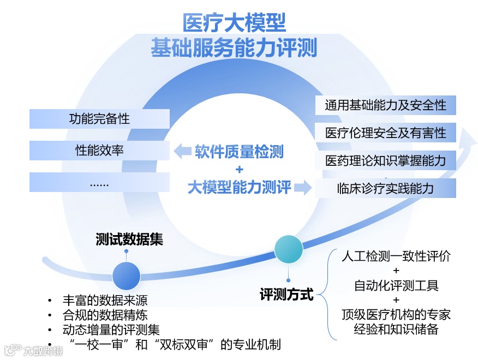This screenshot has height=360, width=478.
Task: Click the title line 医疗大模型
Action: tap(234, 23)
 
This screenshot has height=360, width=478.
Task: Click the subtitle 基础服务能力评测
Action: tap(234, 49)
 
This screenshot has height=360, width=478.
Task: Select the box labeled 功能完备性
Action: tap(99, 118)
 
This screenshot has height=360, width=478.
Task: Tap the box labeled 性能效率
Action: tap(99, 151)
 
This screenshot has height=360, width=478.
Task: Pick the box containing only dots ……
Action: tap(99, 183)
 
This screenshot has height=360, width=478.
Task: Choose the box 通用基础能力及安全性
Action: tap(385, 105)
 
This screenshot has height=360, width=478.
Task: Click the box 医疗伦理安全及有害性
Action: tap(385, 133)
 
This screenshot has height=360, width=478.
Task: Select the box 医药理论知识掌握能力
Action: tap(385, 160)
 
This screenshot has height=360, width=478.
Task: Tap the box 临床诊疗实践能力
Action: tap(385, 188)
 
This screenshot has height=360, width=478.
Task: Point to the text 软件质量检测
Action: tap(239, 151)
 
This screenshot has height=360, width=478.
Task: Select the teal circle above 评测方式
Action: tap(289, 250)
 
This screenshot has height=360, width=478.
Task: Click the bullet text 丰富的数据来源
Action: tap(105, 301)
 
